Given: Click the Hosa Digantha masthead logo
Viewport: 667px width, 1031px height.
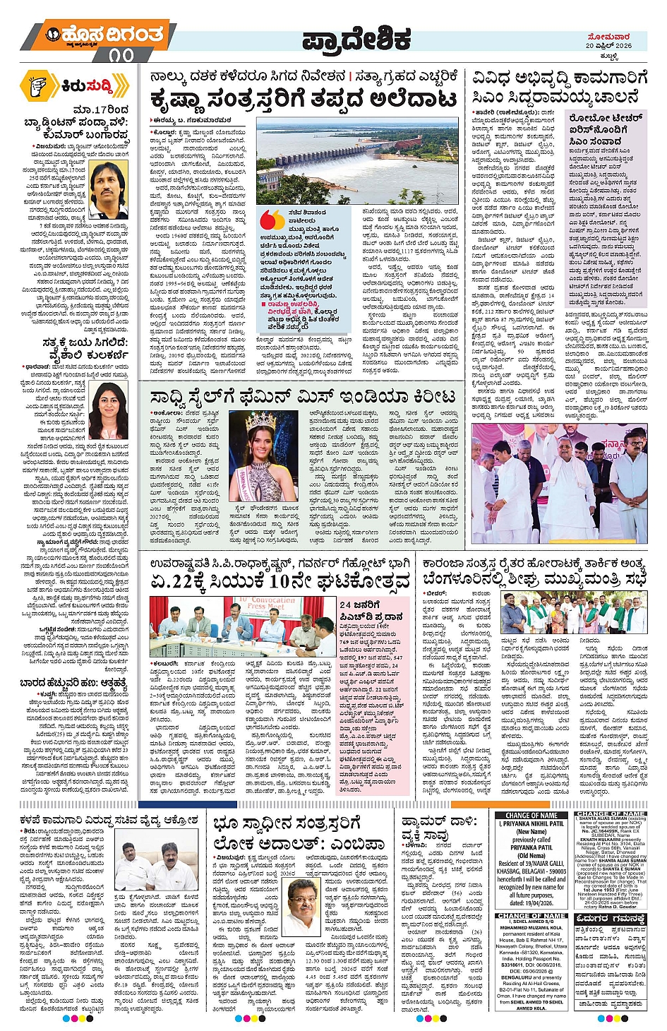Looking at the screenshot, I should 106,35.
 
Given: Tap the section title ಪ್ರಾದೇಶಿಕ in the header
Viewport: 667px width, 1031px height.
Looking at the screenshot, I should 356,42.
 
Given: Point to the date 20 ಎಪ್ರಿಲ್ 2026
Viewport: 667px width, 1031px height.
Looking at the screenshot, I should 608,45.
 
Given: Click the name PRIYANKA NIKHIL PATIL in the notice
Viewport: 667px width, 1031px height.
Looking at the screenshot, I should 533,823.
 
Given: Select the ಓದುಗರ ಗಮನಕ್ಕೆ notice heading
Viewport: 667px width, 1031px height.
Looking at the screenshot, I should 610,919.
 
